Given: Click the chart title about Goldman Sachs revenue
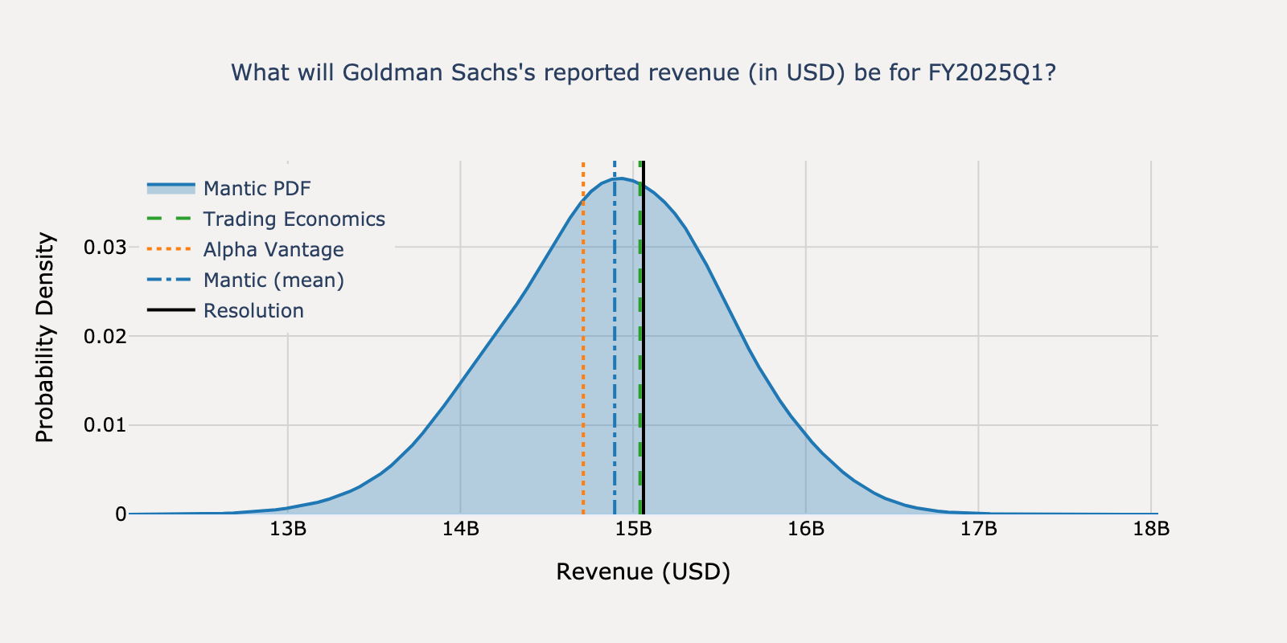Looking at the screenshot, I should [x=643, y=73].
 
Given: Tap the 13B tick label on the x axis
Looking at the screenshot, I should [x=287, y=530].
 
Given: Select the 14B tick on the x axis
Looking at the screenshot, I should [x=460, y=530].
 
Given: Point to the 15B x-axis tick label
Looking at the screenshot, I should [x=633, y=530].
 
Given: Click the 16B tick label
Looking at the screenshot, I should [x=806, y=530].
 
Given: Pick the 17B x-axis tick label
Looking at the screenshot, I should [x=978, y=530].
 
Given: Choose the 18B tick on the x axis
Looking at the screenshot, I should [x=1151, y=530].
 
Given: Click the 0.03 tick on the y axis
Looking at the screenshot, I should [x=105, y=247].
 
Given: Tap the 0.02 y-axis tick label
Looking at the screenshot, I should [x=105, y=336].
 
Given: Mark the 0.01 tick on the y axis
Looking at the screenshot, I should [x=105, y=424].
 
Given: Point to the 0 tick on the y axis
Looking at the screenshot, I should [x=121, y=514].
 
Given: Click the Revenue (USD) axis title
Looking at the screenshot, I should [x=643, y=571].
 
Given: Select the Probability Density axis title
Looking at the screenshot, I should [x=45, y=338].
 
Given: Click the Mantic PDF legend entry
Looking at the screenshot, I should [x=257, y=188].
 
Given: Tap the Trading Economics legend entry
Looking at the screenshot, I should [x=294, y=219].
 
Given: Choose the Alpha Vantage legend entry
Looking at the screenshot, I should [x=273, y=249].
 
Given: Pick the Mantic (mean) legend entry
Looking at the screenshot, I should [x=273, y=280].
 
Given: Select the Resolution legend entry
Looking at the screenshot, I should [x=253, y=310].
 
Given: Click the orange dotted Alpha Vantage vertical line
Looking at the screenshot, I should [x=583, y=362].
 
